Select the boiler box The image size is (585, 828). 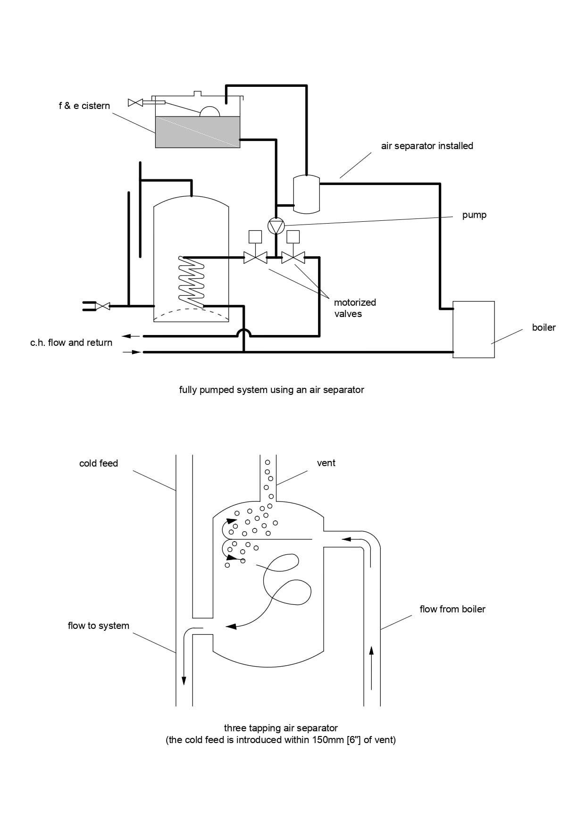(474, 329)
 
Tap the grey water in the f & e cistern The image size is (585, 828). (198, 132)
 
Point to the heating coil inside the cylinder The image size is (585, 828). (192, 280)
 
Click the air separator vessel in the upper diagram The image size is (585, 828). (307, 194)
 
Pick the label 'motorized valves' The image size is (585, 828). (355, 308)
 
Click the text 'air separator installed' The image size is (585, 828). (427, 146)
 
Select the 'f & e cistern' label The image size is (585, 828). (84, 106)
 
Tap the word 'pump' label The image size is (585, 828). (474, 215)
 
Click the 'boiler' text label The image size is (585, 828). (544, 327)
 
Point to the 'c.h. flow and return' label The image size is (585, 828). (71, 343)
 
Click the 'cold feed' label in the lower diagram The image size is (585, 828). (99, 463)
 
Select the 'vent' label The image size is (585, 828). (326, 463)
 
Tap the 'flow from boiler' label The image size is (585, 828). (452, 609)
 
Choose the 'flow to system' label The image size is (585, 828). (99, 626)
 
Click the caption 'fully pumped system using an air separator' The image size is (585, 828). (272, 390)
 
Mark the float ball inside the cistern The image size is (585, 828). (210, 111)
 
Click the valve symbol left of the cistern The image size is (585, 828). (135, 103)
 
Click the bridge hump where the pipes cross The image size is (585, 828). (243, 332)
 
